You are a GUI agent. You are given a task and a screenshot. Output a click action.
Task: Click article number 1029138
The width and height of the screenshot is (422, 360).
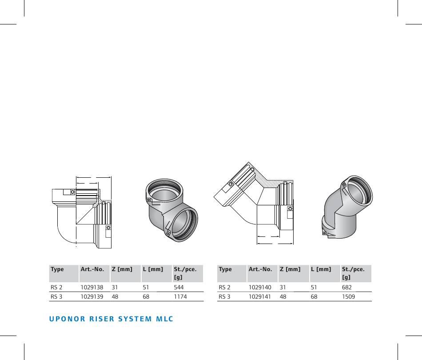click(x=92, y=287)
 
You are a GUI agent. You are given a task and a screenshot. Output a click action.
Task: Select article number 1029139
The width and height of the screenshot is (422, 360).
click(x=92, y=297)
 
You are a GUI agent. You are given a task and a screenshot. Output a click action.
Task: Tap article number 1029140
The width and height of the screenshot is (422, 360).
click(x=260, y=287)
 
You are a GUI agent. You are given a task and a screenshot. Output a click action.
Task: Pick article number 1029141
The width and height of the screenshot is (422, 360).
click(x=260, y=297)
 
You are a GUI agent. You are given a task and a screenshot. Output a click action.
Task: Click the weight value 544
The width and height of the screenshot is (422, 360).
click(x=179, y=287)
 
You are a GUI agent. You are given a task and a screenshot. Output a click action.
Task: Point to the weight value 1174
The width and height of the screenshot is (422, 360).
click(x=180, y=297)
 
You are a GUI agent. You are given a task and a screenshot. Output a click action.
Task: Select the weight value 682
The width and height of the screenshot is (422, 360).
click(x=347, y=287)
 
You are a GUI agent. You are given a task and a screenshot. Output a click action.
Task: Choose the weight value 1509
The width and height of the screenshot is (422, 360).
click(x=349, y=297)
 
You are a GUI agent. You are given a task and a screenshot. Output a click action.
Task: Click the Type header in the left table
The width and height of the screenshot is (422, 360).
click(x=57, y=269)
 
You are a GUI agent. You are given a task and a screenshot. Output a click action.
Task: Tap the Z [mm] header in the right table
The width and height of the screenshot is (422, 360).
click(x=290, y=269)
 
